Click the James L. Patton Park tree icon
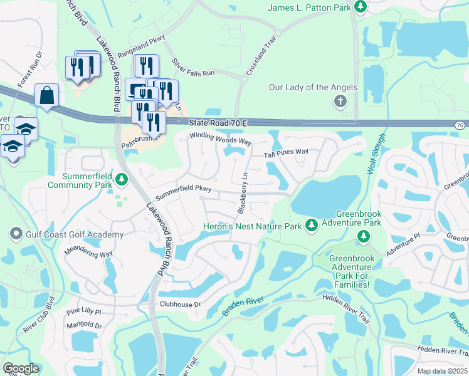pyautogui.click(x=361, y=6)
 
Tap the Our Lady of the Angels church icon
pyautogui.click(x=340, y=101)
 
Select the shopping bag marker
pyautogui.click(x=47, y=96)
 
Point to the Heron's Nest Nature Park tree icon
pyautogui.click(x=311, y=225)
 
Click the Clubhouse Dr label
pyautogui.click(x=179, y=305)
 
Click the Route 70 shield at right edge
pyautogui.click(x=460, y=125)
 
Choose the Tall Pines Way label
pyautogui.click(x=286, y=152)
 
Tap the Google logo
pyautogui.click(x=20, y=368)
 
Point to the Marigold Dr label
pyautogui.click(x=85, y=326)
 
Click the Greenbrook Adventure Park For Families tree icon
pyautogui.click(x=362, y=236)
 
